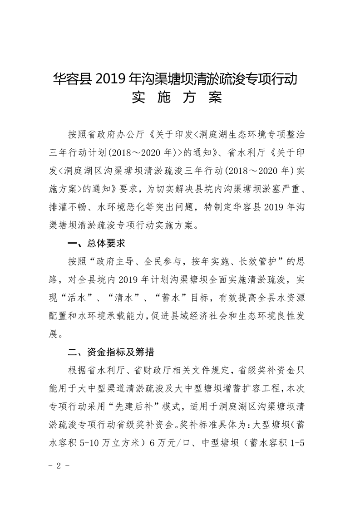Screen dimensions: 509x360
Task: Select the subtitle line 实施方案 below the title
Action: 180,98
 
